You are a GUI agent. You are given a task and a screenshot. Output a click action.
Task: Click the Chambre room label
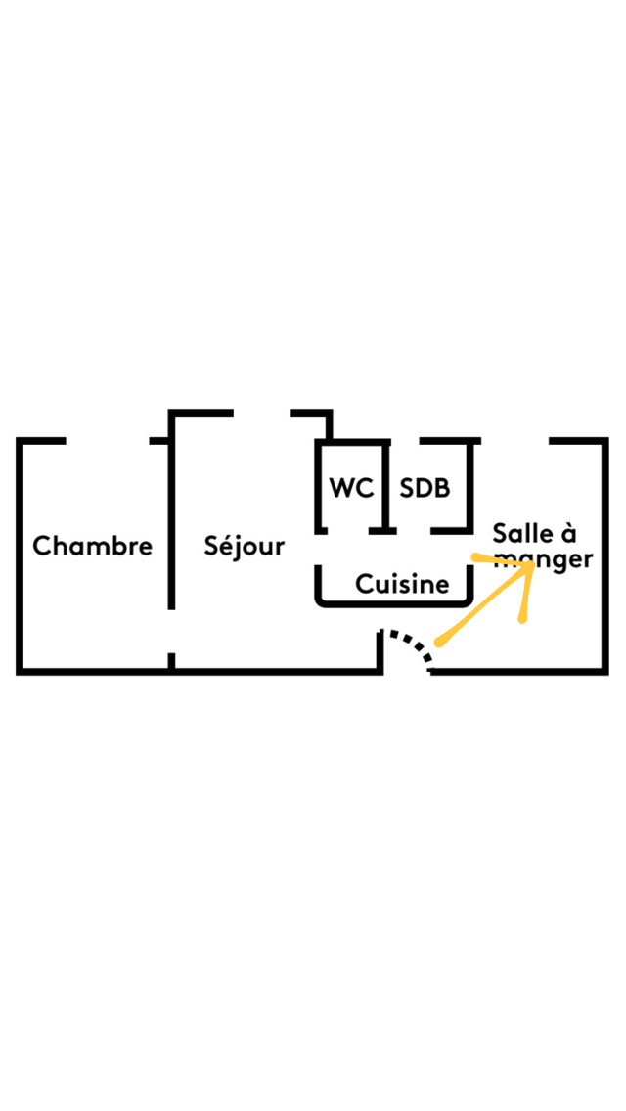93,547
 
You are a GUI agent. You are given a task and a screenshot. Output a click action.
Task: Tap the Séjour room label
244,547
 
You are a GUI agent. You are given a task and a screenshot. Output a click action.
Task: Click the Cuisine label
402,585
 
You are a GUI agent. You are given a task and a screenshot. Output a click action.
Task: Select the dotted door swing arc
408,646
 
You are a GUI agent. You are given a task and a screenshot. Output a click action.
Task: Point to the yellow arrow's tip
534,564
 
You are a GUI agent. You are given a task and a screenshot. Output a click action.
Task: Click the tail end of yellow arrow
439,644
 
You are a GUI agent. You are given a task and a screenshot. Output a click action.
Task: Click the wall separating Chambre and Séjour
171,523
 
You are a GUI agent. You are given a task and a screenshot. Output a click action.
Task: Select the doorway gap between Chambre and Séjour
171,632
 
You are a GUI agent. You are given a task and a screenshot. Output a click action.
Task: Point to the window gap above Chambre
108,441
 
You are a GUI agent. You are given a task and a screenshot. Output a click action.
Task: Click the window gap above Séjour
261,413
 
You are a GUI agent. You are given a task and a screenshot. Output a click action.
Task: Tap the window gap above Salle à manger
514,441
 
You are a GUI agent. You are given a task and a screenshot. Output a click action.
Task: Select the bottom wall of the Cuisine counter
393,603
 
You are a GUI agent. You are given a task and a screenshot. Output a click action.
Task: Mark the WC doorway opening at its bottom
348,531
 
